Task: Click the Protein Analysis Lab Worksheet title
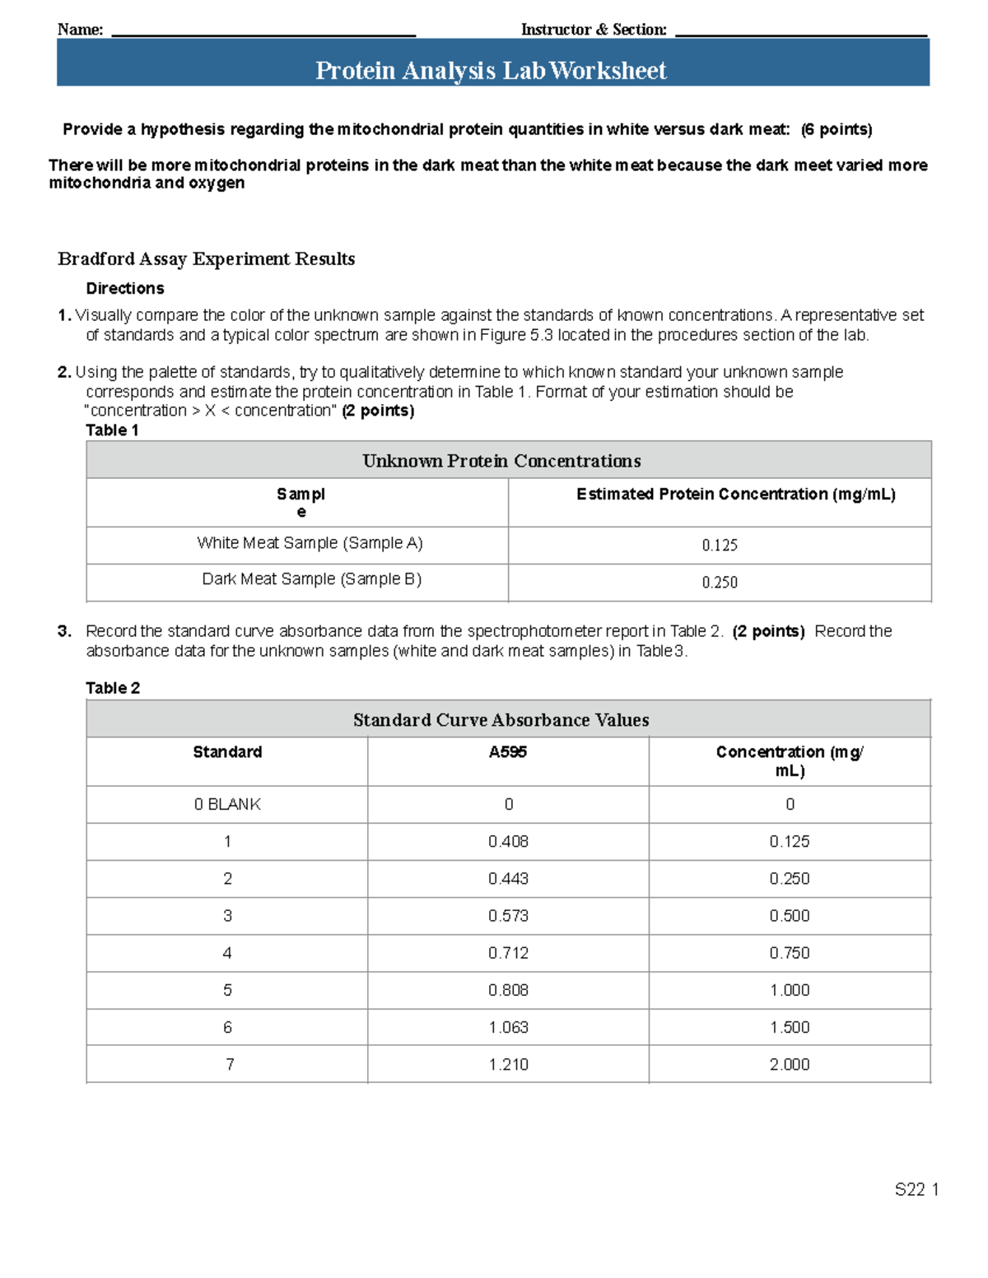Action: coord(491,71)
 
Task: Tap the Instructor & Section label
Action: coord(594,30)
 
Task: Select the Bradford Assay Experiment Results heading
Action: coord(206,259)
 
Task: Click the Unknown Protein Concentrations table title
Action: coord(501,461)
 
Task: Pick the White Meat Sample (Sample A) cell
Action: coord(310,543)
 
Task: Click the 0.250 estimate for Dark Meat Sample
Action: coord(720,583)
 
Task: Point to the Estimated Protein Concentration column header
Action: coord(735,495)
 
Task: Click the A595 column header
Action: coord(507,752)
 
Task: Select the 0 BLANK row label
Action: coord(227,805)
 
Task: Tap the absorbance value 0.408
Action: coord(508,842)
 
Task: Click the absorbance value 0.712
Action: coord(508,953)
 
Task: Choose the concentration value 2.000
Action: coord(789,1065)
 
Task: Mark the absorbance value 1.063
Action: coord(508,1028)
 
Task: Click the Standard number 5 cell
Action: coord(228,991)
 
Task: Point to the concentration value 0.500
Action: coord(789,916)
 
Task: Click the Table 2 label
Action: coord(113,688)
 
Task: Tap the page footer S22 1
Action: coord(916,1190)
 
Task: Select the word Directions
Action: coord(125,289)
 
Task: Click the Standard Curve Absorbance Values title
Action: coord(501,720)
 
